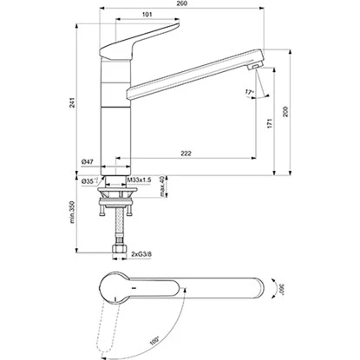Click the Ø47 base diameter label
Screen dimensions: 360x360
tap(88, 162)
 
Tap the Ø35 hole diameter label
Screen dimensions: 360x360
tap(88, 180)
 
